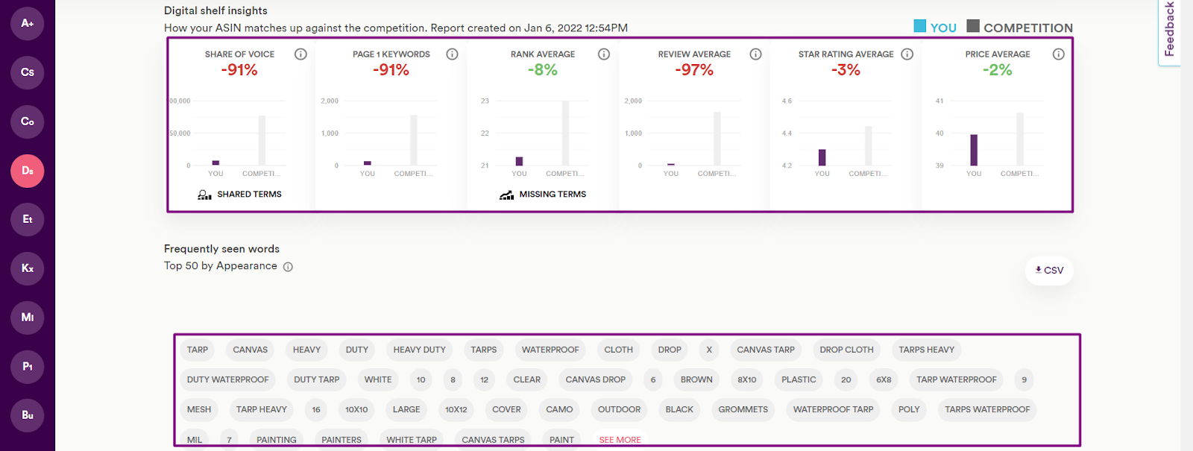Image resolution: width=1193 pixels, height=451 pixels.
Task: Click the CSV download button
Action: click(x=1049, y=271)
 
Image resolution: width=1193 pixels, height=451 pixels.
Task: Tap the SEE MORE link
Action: click(x=620, y=440)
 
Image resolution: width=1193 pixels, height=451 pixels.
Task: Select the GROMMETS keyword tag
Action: click(x=743, y=409)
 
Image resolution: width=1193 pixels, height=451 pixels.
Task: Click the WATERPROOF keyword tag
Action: click(x=550, y=350)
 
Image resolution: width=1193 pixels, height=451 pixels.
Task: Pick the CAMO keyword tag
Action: click(x=559, y=409)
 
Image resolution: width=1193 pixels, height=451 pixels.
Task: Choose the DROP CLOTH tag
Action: click(x=846, y=350)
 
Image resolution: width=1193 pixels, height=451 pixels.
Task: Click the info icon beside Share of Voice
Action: click(x=300, y=54)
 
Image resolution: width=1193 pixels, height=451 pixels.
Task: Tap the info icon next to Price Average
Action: click(x=1058, y=54)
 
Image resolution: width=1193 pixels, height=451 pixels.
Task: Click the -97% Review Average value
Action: click(x=694, y=70)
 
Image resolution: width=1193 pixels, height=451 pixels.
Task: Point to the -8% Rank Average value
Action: click(x=543, y=70)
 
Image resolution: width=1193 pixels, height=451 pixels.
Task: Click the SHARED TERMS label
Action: click(x=249, y=195)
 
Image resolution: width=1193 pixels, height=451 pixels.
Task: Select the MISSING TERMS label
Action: click(x=553, y=195)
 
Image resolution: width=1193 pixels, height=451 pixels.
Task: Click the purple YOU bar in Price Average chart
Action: click(x=974, y=150)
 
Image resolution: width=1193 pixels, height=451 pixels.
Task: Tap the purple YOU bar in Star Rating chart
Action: click(x=822, y=157)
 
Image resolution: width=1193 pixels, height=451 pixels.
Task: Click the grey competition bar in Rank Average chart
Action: click(x=565, y=133)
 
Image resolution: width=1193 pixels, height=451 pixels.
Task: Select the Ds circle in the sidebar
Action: click(x=28, y=171)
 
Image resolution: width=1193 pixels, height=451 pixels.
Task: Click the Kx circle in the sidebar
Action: click(x=28, y=268)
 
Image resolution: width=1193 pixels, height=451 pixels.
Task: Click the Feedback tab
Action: click(x=1169, y=30)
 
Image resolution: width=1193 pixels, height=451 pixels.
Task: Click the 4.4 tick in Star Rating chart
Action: click(x=787, y=133)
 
